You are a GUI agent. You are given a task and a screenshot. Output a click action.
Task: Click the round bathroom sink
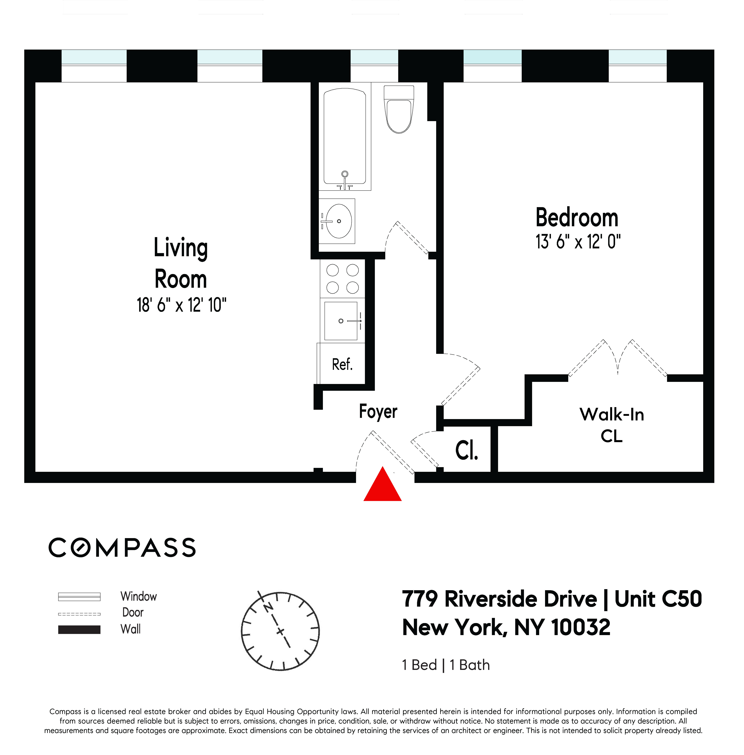[x=338, y=221]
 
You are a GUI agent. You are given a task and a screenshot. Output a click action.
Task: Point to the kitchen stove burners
[x=342, y=279]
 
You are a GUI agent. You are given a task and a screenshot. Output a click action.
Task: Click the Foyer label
[x=378, y=412]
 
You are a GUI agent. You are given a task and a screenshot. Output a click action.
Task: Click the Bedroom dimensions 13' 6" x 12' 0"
[x=578, y=242]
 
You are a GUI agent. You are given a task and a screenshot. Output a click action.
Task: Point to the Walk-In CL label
[x=611, y=425]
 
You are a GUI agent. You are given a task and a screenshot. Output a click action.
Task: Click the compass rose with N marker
[x=280, y=631]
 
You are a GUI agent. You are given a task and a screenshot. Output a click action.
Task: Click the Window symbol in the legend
[x=79, y=597]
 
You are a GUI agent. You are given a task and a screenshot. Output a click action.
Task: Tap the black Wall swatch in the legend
[x=79, y=630]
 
